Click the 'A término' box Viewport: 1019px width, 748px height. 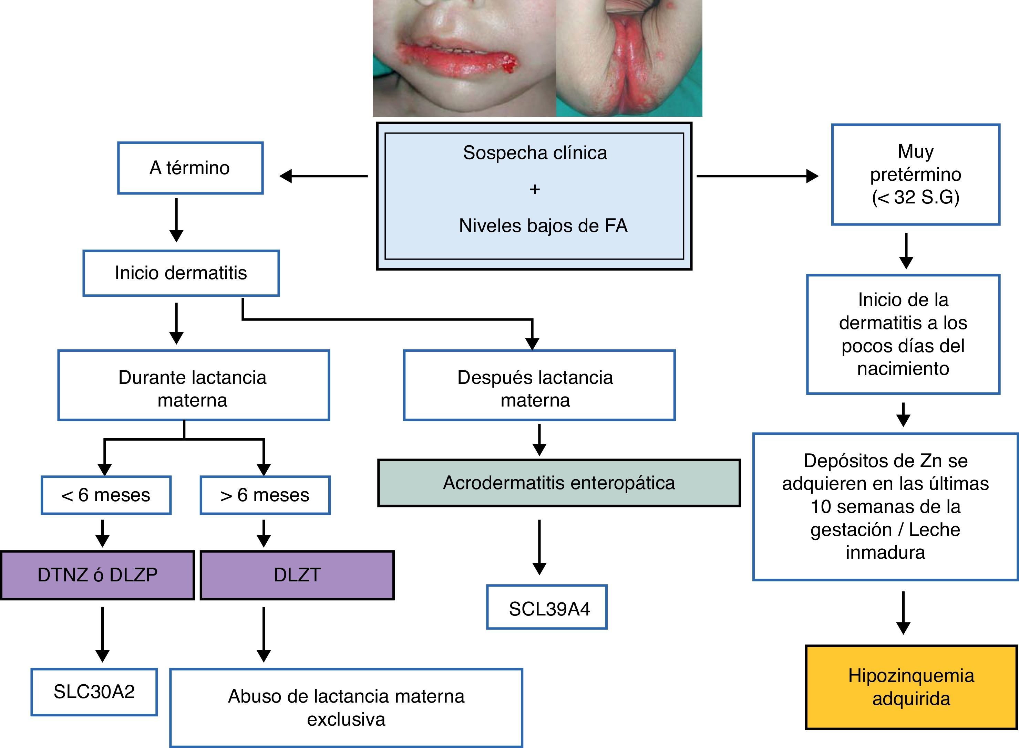pyautogui.click(x=190, y=168)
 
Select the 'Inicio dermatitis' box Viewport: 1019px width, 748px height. pyautogui.click(x=181, y=273)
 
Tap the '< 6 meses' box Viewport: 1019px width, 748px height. pyautogui.click(x=106, y=495)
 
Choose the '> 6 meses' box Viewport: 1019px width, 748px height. pyautogui.click(x=265, y=495)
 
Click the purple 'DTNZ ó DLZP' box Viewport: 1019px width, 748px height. pyautogui.click(x=97, y=575)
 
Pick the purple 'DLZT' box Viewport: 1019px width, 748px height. pyautogui.click(x=297, y=575)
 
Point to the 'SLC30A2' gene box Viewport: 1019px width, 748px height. pyautogui.click(x=94, y=692)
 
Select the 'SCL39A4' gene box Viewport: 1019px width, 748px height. pyautogui.click(x=547, y=607)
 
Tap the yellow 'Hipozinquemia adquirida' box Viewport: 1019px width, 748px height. pyautogui.click(x=911, y=687)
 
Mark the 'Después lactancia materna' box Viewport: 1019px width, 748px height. pyautogui.click(x=539, y=385)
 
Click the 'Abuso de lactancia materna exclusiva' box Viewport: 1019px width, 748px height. pyautogui.click(x=346, y=708)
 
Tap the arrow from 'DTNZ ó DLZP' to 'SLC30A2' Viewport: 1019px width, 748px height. pyautogui.click(x=102, y=634)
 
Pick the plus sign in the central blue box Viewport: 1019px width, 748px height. pyautogui.click(x=535, y=189)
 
